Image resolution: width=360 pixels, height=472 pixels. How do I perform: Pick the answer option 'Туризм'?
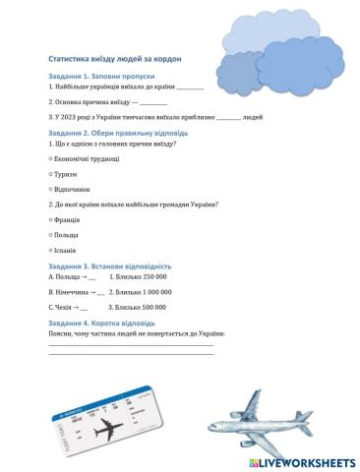pyautogui.click(x=66, y=173)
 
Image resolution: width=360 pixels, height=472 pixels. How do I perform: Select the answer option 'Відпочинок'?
pyautogui.click(x=72, y=188)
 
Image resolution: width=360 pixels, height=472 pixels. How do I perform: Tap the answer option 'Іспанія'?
pyautogui.click(x=66, y=250)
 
